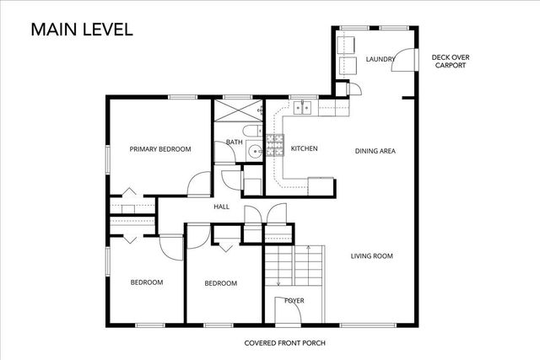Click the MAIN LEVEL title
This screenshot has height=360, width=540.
[x=82, y=30]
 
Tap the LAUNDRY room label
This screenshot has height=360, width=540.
[x=381, y=59]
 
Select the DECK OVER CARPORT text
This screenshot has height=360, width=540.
[x=451, y=62]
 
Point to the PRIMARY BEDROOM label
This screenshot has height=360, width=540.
[x=159, y=149]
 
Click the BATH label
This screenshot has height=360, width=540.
[x=234, y=142]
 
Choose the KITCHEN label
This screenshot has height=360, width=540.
[x=304, y=149]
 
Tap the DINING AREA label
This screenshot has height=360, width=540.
[x=375, y=151]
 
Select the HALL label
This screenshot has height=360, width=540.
[x=222, y=207]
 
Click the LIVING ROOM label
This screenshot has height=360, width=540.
[x=372, y=256]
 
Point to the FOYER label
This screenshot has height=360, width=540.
[x=294, y=301]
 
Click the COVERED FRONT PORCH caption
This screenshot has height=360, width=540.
[x=284, y=343]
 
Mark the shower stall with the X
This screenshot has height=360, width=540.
[x=236, y=111]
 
